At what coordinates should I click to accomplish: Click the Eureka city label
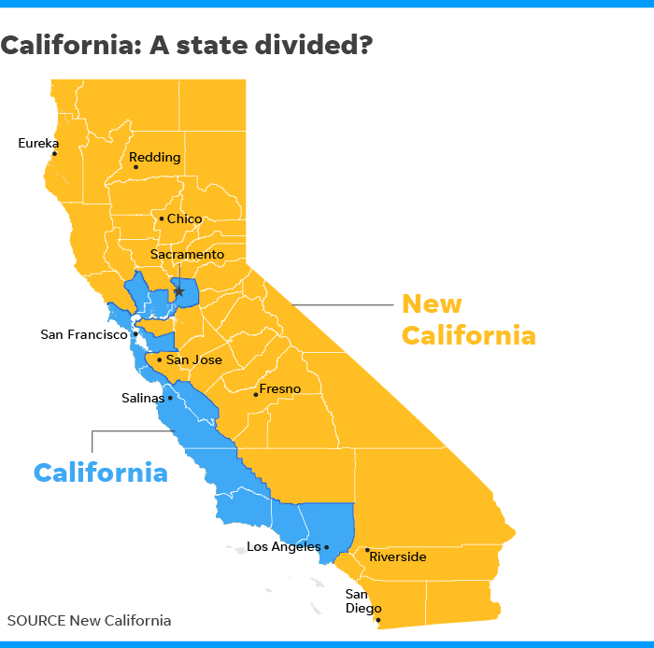(x=38, y=143)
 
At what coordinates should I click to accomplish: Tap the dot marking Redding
(x=135, y=167)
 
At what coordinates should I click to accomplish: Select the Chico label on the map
(x=184, y=218)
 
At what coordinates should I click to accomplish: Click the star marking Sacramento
(x=178, y=291)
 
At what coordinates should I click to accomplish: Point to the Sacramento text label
(x=188, y=254)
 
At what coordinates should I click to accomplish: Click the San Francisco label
(x=83, y=333)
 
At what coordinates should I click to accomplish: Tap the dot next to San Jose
(x=160, y=359)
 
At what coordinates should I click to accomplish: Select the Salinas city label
(x=143, y=397)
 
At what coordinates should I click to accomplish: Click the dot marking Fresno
(x=256, y=394)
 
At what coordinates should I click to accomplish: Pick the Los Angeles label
(x=284, y=546)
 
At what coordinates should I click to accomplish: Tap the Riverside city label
(x=397, y=556)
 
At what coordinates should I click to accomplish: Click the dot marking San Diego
(x=378, y=619)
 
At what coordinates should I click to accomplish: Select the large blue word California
(x=101, y=472)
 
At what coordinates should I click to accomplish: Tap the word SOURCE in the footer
(x=36, y=620)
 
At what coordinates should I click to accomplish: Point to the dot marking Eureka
(x=54, y=154)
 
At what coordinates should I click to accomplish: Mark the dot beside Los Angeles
(x=327, y=547)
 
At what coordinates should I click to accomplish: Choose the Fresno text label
(x=280, y=388)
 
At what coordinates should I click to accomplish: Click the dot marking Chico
(x=161, y=219)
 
